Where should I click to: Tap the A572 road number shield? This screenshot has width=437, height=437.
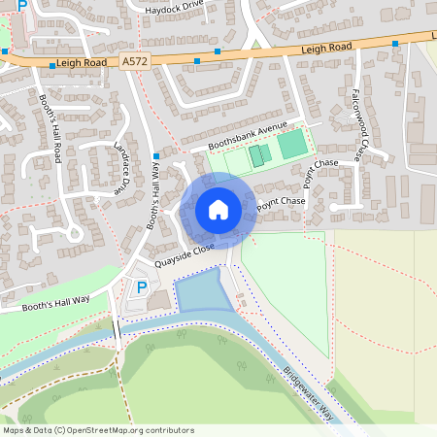(x=135, y=61)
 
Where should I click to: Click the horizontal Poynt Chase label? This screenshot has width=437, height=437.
(x=281, y=203)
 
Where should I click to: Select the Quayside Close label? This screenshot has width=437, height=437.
(x=184, y=255)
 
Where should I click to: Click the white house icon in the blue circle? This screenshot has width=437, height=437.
(x=218, y=209)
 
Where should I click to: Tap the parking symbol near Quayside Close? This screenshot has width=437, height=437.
(x=141, y=287)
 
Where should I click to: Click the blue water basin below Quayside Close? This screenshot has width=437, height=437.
(x=202, y=290)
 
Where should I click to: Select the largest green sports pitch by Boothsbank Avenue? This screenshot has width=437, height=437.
(x=291, y=146)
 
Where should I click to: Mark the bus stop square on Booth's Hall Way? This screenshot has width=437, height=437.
(x=155, y=153)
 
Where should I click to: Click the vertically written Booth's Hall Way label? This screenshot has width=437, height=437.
(x=152, y=193)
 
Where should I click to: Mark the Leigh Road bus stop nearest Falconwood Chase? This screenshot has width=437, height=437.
(x=395, y=44)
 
